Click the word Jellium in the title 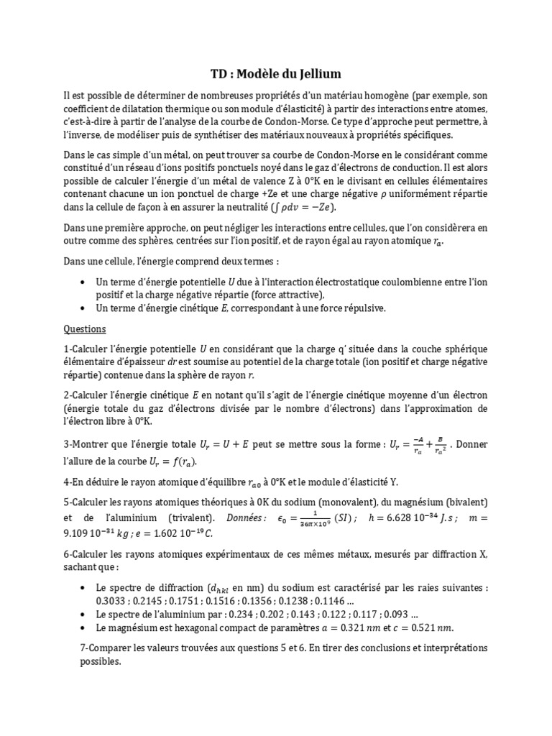pos(317,73)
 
